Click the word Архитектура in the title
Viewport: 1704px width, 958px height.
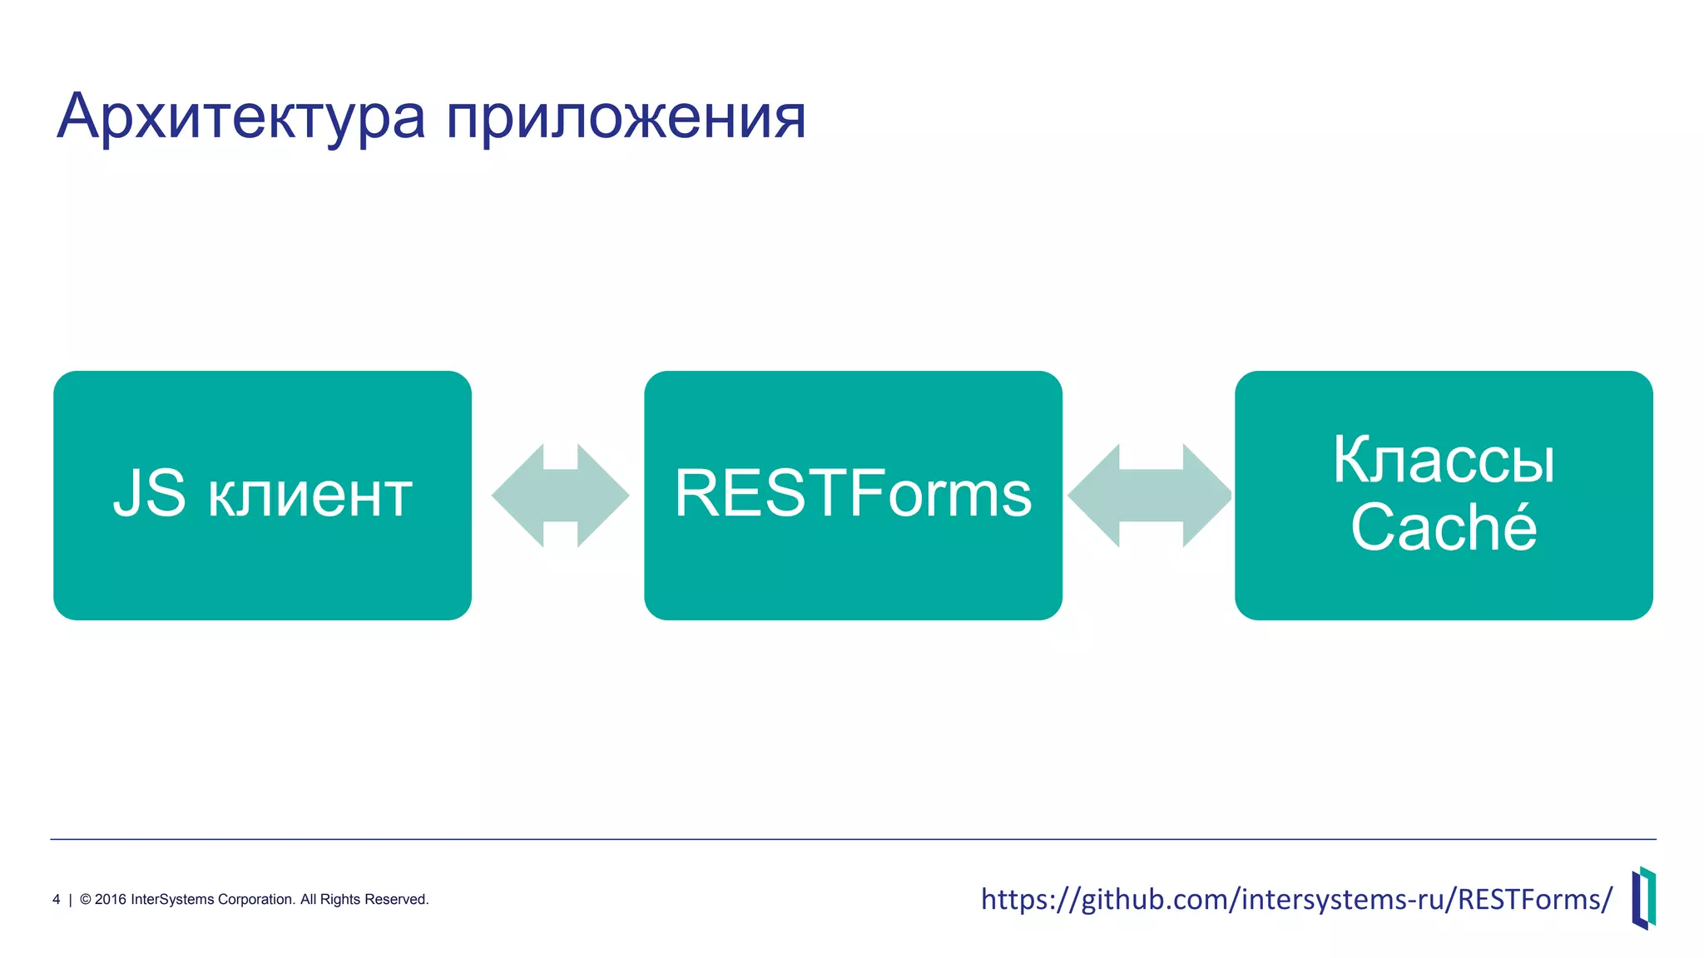tap(241, 117)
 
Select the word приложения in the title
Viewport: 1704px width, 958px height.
tap(626, 117)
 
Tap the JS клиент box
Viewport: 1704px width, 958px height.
tap(262, 565)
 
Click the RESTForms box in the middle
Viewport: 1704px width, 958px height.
tap(853, 565)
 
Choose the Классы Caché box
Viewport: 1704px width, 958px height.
tap(1444, 582)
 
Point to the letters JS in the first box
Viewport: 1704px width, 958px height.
tap(150, 494)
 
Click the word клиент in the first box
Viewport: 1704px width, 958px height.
tap(310, 496)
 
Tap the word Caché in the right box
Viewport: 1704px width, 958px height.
tap(1444, 527)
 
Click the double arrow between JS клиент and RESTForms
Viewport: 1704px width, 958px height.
tap(560, 496)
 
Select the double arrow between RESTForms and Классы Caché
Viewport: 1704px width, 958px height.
tap(1150, 496)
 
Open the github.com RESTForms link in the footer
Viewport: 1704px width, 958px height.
tap(1296, 899)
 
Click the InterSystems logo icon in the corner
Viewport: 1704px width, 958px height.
tap(1643, 898)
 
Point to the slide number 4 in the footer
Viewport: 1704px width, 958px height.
tap(57, 900)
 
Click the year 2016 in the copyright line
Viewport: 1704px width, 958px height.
tap(111, 900)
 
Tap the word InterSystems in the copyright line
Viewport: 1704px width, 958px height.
tap(172, 900)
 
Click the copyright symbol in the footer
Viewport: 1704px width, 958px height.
tap(85, 900)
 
